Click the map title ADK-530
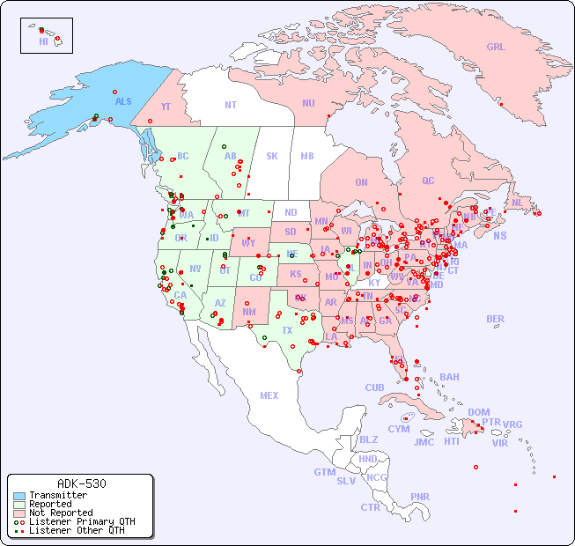81,483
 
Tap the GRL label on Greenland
496,48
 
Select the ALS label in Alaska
123,101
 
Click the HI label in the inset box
43,41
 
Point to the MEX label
269,395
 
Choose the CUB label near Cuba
374,387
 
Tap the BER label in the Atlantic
495,319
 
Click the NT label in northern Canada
230,105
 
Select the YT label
166,107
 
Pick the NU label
308,103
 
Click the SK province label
272,156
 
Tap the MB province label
307,156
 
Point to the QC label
428,181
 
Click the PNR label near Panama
420,497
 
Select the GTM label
324,472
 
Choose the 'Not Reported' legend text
61,513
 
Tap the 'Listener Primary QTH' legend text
82,521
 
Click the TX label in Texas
287,330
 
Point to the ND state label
291,212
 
